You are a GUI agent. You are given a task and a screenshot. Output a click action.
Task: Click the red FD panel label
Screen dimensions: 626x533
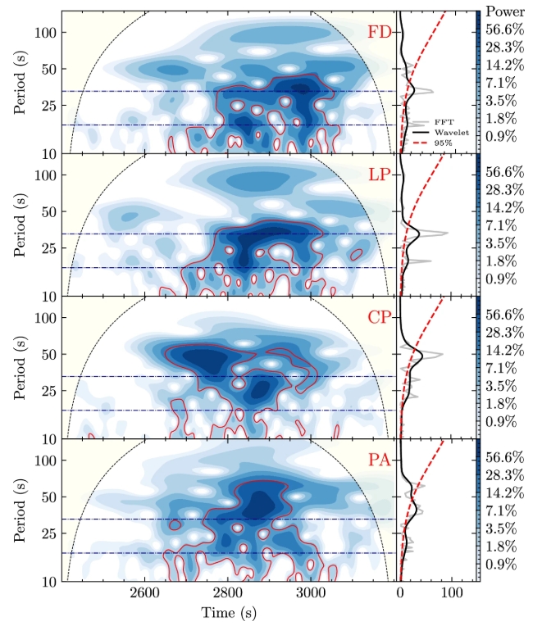click(379, 34)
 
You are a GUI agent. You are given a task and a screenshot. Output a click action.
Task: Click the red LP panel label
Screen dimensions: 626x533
click(379, 176)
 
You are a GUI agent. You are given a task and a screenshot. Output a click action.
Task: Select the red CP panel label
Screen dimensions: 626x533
click(379, 318)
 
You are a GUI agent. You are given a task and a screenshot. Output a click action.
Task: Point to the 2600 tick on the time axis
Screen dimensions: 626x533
click(143, 593)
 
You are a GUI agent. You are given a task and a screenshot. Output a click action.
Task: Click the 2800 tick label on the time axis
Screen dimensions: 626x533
click(227, 593)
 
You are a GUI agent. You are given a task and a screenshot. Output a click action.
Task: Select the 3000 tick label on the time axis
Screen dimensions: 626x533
click(311, 593)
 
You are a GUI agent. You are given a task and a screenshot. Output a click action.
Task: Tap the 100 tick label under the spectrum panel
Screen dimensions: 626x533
click(449, 593)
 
